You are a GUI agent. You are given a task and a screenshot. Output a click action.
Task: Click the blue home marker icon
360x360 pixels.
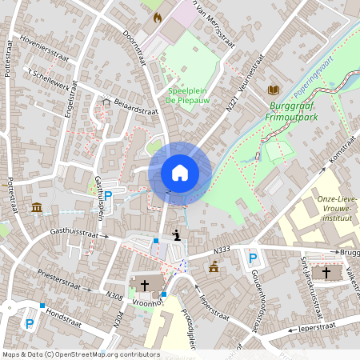pyautogui.click(x=180, y=173)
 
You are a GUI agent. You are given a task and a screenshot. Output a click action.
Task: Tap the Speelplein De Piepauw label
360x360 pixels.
pyautogui.click(x=187, y=95)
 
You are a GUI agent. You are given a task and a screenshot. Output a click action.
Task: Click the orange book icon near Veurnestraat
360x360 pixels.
pyautogui.click(x=274, y=90)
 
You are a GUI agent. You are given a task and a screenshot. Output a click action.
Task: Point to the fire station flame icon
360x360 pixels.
pyautogui.click(x=157, y=16)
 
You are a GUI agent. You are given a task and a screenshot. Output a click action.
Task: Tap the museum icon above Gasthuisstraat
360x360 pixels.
pyautogui.click(x=37, y=208)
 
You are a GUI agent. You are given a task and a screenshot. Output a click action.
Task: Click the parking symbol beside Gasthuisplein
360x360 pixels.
pyautogui.click(x=108, y=195)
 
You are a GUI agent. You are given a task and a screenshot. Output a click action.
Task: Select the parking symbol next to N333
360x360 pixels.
pyautogui.click(x=253, y=258)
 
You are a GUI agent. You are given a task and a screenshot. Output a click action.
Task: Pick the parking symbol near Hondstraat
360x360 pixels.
pyautogui.click(x=30, y=324)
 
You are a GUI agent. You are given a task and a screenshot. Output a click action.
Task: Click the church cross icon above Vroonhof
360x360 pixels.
pyautogui.click(x=146, y=284)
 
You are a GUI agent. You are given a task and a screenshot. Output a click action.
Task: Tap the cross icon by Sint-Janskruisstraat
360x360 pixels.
pyautogui.click(x=326, y=272)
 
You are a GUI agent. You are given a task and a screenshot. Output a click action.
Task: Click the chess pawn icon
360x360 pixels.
pyautogui.click(x=176, y=235)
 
